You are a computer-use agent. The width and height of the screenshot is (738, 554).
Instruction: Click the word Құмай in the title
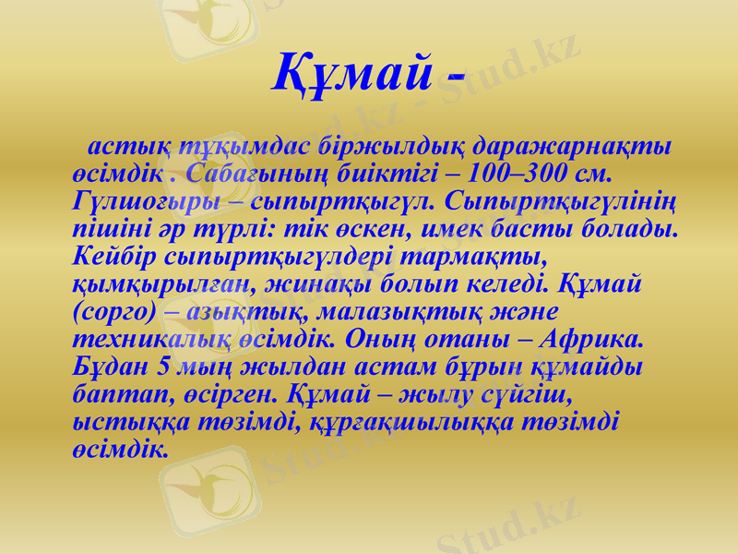351,72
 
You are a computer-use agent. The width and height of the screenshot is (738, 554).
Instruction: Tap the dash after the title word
453,76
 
